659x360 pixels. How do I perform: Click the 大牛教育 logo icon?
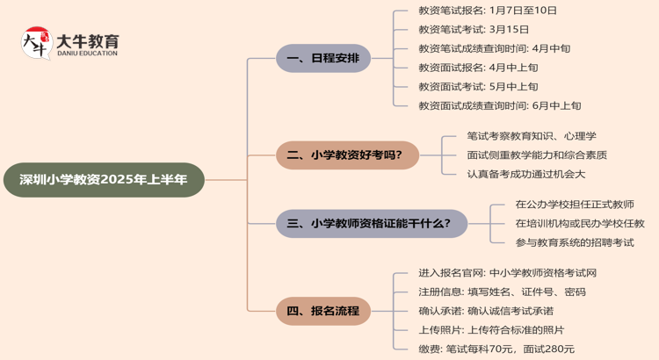tap(36, 43)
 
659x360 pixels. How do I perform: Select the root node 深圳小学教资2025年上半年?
tap(104, 180)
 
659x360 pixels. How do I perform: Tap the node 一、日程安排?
tap(323, 59)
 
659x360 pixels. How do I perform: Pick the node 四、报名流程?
tap(323, 311)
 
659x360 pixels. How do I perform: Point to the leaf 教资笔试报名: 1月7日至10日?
tap(488, 11)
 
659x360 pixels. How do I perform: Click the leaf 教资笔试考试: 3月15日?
tap(474, 30)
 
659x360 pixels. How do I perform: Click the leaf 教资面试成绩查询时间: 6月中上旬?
tap(500, 106)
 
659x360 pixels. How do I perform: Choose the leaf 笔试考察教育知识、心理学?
tap(532, 136)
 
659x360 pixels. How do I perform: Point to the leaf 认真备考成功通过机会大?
tap(526, 174)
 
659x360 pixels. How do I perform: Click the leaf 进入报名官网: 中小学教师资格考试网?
tap(508, 273)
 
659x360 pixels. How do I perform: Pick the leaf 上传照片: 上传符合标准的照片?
tap(492, 330)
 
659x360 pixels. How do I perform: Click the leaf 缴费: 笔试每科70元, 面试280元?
tap(497, 349)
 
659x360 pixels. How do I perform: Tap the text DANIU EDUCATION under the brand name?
tap(87, 54)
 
